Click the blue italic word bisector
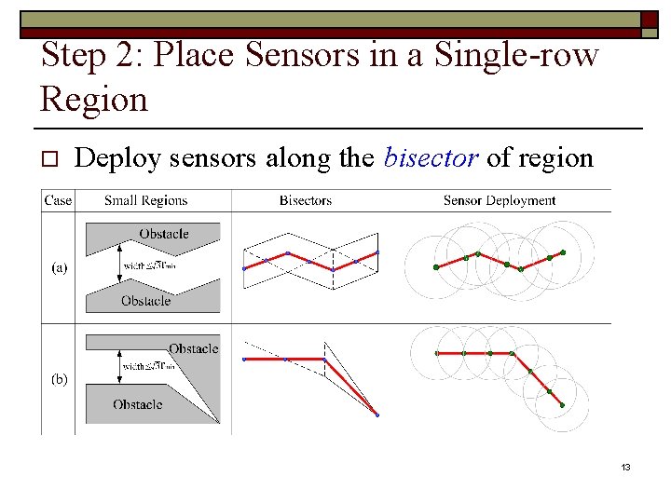pos(431,158)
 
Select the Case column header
pos(58,200)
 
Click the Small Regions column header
pos(145,200)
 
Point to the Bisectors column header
pos(305,200)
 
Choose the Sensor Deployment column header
pos(500,200)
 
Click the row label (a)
pos(58,267)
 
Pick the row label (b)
pos(58,379)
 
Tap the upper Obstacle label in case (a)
pos(164,233)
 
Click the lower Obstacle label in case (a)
pos(146,301)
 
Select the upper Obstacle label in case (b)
pos(193,348)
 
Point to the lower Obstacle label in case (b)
pos(138,404)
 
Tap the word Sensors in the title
pos(286,56)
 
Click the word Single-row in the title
pos(513,56)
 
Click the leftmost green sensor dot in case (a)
pos(435,267)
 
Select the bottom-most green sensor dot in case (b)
pos(563,404)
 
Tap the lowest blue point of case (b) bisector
pos(377,415)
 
